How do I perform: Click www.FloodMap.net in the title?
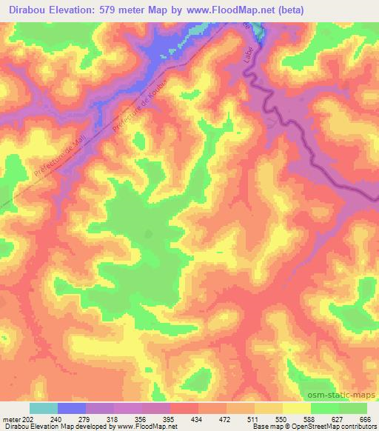click(227, 10)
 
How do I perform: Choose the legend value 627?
click(338, 418)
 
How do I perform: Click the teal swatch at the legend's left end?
click(43, 408)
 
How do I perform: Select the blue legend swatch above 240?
click(71, 408)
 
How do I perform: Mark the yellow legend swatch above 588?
click(296, 408)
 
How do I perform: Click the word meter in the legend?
click(11, 418)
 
